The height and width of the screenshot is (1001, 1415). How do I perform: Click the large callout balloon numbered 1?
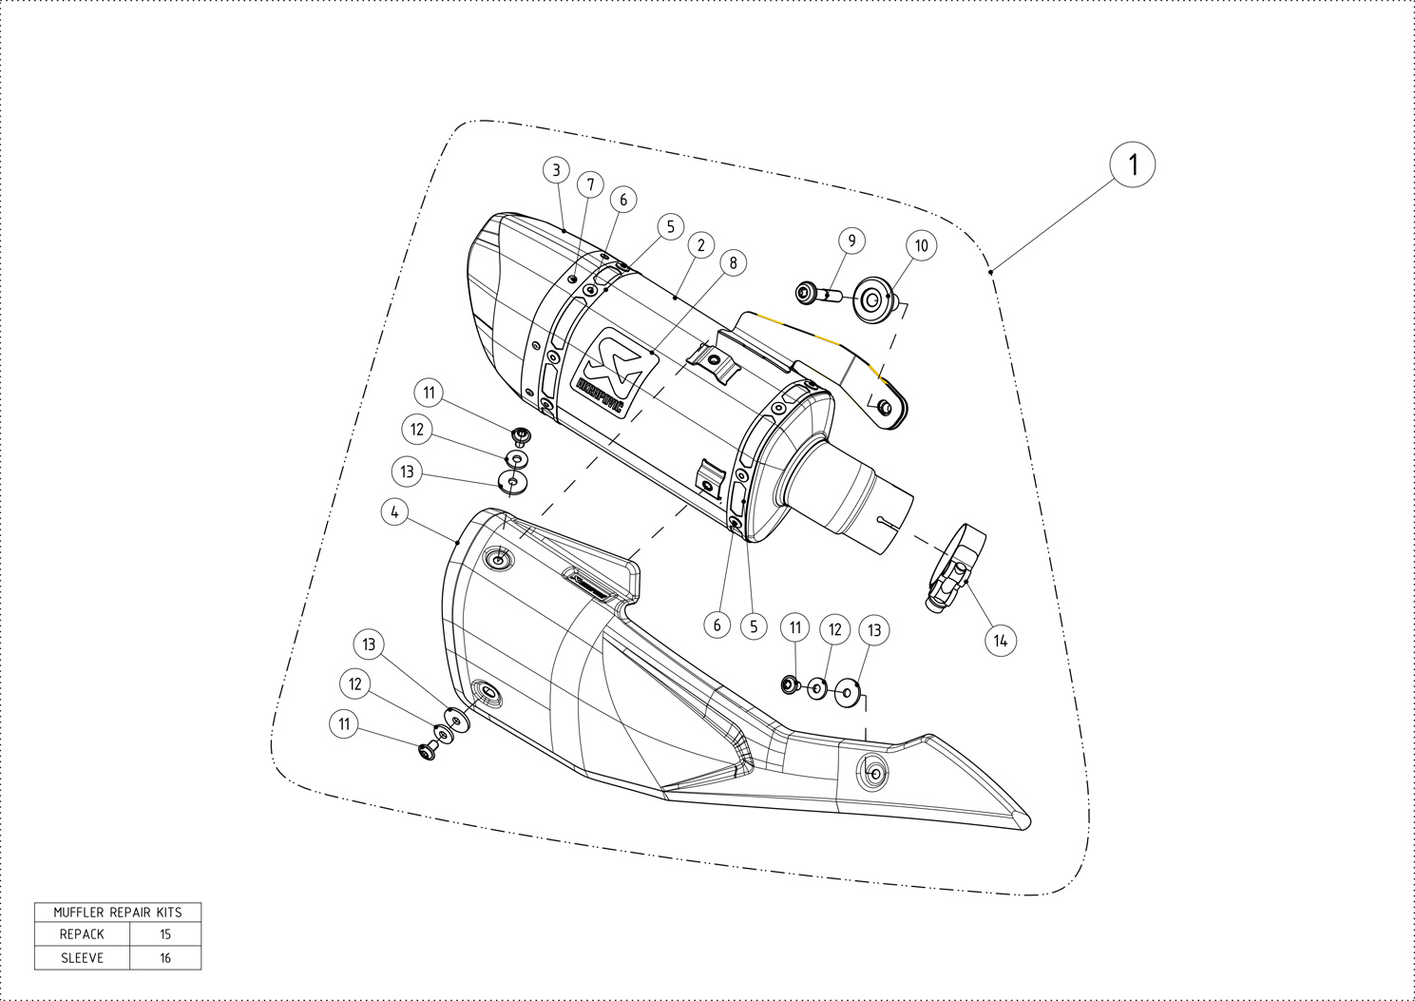[1132, 165]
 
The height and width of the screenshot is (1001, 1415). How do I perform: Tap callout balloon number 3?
[556, 170]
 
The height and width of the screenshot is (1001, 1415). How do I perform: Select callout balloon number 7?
[589, 184]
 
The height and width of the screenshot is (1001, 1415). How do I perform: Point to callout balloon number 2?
[700, 245]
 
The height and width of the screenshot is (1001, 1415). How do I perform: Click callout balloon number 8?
[733, 262]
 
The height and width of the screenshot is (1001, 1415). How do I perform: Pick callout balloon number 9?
[851, 241]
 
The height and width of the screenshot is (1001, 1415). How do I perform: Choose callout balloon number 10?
[921, 245]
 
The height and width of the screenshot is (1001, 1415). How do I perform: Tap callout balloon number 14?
[1000, 641]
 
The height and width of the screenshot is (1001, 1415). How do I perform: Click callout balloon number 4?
[394, 512]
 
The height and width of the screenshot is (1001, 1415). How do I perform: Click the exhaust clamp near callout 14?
[954, 568]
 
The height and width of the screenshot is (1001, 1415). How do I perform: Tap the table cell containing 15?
[165, 934]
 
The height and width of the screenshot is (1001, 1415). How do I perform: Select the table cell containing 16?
[165, 958]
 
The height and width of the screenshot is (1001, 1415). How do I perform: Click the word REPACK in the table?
[82, 934]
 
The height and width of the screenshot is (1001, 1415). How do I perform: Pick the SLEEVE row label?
[82, 958]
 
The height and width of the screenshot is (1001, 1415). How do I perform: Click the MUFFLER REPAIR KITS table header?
[118, 912]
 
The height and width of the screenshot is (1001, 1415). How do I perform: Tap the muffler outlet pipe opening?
[891, 520]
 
